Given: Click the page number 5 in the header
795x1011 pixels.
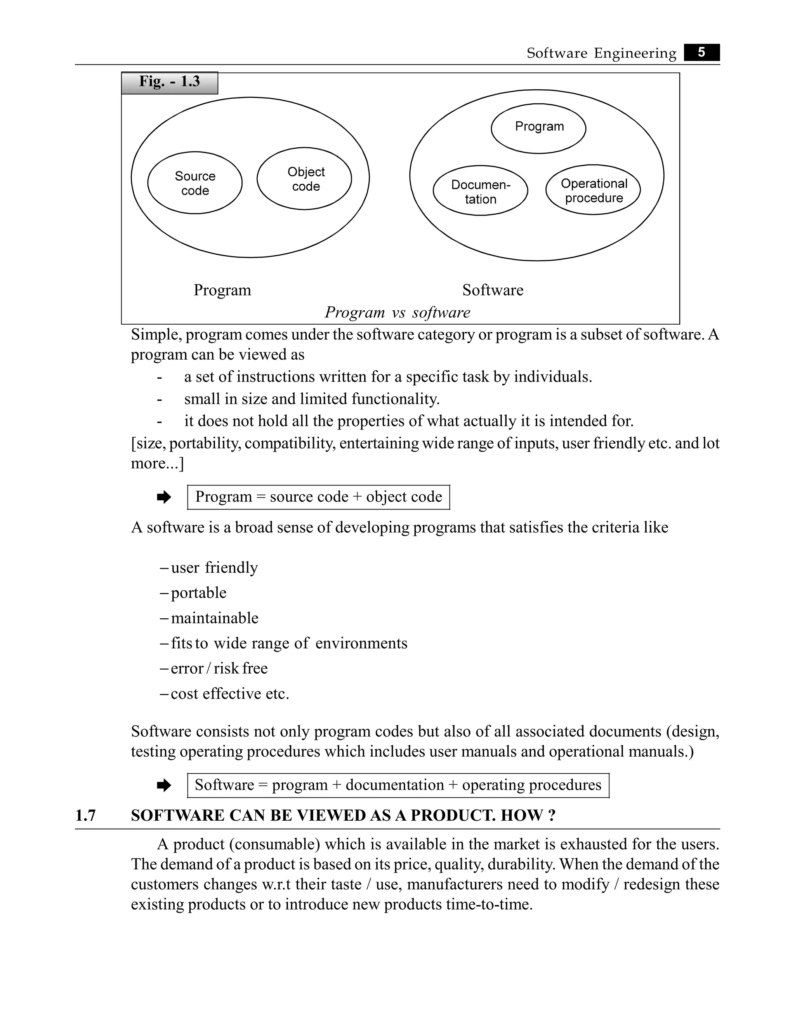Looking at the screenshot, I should pyautogui.click(x=701, y=52).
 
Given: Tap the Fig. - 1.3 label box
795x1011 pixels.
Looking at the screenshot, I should pyautogui.click(x=169, y=82).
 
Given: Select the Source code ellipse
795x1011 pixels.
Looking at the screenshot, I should pyautogui.click(x=194, y=183).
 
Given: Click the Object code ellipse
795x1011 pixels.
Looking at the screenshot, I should pyautogui.click(x=304, y=179).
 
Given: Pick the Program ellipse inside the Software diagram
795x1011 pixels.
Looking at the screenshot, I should pyautogui.click(x=538, y=128).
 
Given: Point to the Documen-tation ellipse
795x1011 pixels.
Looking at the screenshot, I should pyautogui.click(x=480, y=191).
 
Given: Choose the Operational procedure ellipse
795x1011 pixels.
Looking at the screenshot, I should pyautogui.click(x=593, y=190).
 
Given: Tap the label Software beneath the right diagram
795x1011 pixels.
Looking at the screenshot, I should pyautogui.click(x=493, y=290).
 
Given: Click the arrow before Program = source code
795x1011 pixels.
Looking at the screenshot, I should pyautogui.click(x=164, y=498).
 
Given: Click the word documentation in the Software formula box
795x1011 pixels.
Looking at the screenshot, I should pyautogui.click(x=394, y=785).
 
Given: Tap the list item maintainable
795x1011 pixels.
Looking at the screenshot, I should pyautogui.click(x=214, y=618).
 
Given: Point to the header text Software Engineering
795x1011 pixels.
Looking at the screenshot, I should pyautogui.click(x=601, y=53).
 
